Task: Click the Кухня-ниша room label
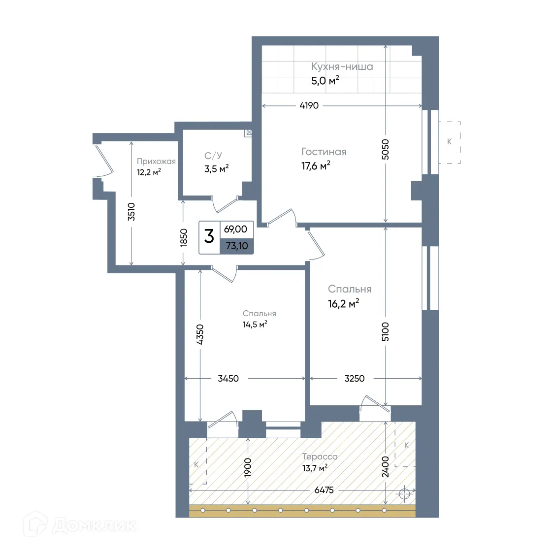click(342, 66)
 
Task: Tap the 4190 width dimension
click(309, 105)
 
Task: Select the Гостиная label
click(324, 152)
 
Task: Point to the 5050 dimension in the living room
click(386, 150)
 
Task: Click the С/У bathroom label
click(213, 156)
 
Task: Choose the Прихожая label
click(156, 162)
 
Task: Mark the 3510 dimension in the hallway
click(131, 212)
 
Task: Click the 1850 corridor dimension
click(183, 238)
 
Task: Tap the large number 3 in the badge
click(209, 236)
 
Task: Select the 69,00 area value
click(235, 229)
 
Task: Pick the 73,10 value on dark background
click(237, 246)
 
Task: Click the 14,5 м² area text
click(255, 325)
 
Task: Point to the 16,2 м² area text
click(344, 304)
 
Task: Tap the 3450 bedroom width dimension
click(228, 378)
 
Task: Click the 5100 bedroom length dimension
click(386, 331)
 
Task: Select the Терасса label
click(320, 456)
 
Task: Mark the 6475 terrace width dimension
click(324, 490)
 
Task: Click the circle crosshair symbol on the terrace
click(404, 494)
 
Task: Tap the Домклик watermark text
click(94, 525)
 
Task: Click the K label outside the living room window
click(449, 141)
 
